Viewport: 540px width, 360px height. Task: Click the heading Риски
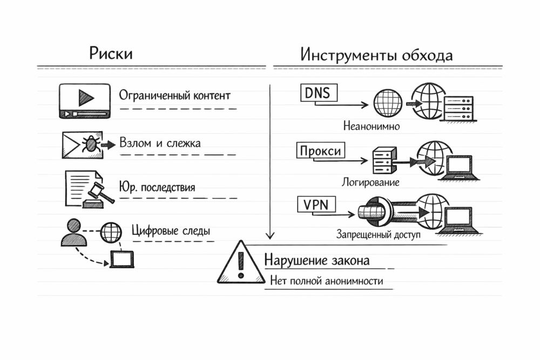point(111,54)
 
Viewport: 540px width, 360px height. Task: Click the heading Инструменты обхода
point(376,55)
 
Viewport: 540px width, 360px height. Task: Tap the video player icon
point(84,100)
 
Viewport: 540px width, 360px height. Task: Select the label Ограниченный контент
point(174,96)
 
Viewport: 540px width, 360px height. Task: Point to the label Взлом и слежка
point(160,143)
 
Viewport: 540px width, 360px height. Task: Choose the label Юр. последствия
point(157,187)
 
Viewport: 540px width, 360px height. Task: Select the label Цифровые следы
point(171,231)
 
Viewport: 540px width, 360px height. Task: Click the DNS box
point(318,93)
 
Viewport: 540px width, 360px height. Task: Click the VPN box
point(316,205)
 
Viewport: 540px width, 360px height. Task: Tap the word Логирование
point(370,182)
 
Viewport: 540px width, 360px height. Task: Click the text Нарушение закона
point(317,261)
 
